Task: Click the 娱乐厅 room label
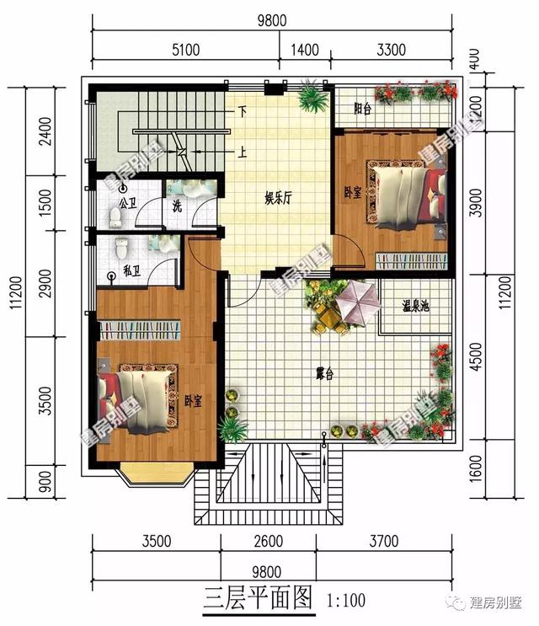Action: [279, 199]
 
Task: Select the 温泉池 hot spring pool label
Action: [414, 308]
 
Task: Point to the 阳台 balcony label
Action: [363, 109]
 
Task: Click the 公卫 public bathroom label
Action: [128, 203]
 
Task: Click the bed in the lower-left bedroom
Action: [136, 397]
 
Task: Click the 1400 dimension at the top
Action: [305, 50]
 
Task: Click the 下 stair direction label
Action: [242, 110]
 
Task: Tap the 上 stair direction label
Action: [242, 152]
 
